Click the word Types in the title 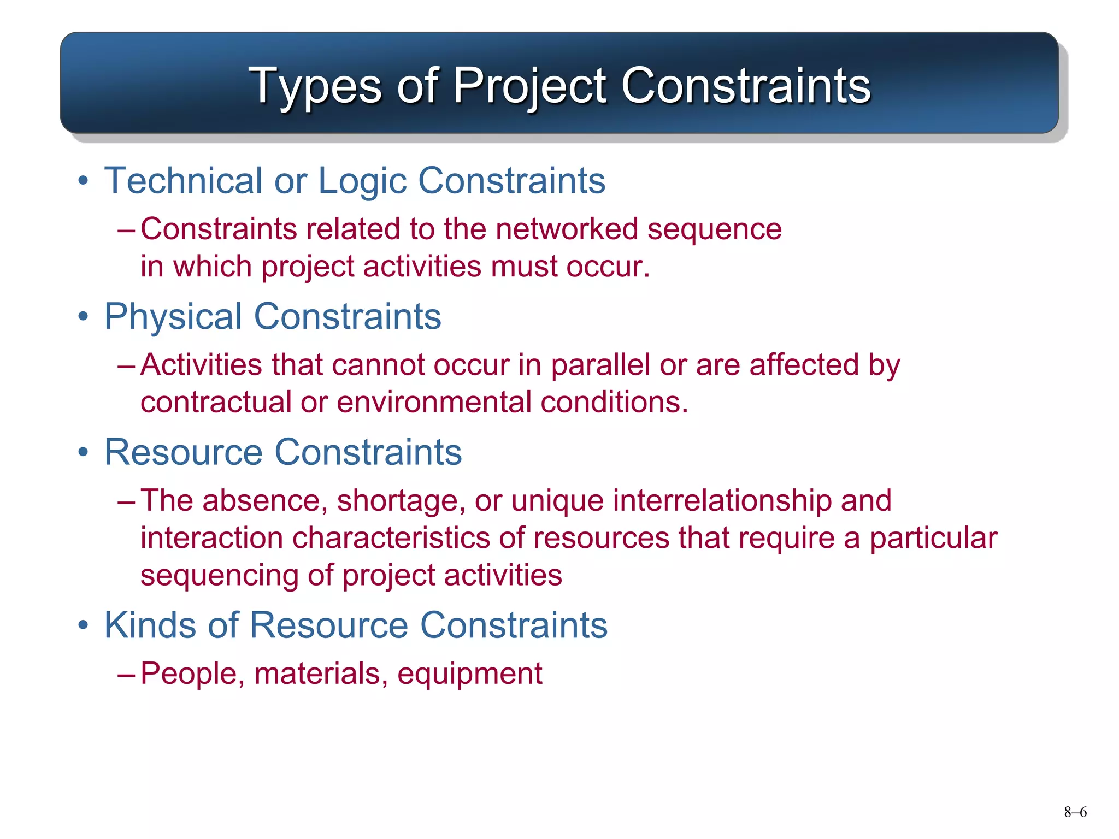tap(315, 86)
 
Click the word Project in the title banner tap(529, 86)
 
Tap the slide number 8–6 tap(1075, 812)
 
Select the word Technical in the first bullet tap(184, 181)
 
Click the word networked tap(567, 229)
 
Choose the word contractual tap(216, 403)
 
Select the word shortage tap(401, 501)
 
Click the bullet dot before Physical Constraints tap(83, 317)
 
